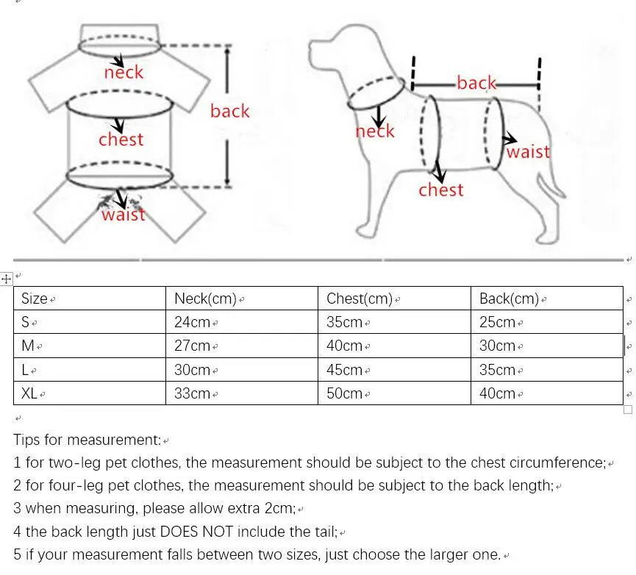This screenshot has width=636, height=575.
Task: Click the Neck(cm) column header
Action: (x=205, y=299)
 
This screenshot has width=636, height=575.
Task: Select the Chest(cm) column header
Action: (x=358, y=299)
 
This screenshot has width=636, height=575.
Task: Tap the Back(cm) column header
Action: (x=510, y=299)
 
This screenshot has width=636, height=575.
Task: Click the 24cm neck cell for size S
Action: (x=192, y=322)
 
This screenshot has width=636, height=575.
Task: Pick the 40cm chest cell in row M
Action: (x=344, y=346)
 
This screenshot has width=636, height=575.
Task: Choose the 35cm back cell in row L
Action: (x=497, y=370)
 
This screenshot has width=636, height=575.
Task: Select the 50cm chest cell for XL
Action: (x=344, y=393)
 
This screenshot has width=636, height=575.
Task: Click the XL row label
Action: (x=29, y=393)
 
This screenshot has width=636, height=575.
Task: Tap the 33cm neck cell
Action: (x=192, y=393)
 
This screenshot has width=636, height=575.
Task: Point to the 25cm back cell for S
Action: (x=497, y=322)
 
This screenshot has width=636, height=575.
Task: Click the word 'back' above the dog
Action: (x=476, y=83)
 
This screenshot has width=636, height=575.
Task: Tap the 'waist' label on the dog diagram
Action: (x=528, y=151)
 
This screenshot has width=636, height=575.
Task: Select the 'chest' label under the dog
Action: (x=441, y=190)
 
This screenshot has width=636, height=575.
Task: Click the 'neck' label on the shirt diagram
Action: (x=124, y=72)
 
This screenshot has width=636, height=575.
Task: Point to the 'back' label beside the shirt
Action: (x=229, y=111)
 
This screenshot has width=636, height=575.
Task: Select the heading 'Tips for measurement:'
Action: (x=87, y=440)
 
